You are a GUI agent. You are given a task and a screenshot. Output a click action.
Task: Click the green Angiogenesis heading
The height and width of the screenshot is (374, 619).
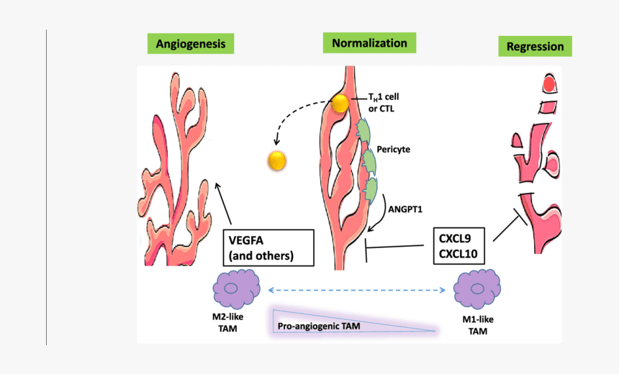pyautogui.click(x=191, y=44)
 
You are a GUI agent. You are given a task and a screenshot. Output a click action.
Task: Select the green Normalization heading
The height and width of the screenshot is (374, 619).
pyautogui.click(x=369, y=43)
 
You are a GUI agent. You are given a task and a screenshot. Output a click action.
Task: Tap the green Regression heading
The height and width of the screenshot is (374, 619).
pyautogui.click(x=535, y=47)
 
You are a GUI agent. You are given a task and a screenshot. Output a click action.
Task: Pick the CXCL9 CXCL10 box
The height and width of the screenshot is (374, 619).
pyautogui.click(x=461, y=245)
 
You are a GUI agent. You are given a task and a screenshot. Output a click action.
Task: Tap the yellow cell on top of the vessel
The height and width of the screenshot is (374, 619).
pyautogui.click(x=339, y=104)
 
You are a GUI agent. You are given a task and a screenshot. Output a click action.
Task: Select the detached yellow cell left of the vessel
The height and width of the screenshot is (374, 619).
pyautogui.click(x=277, y=160)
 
